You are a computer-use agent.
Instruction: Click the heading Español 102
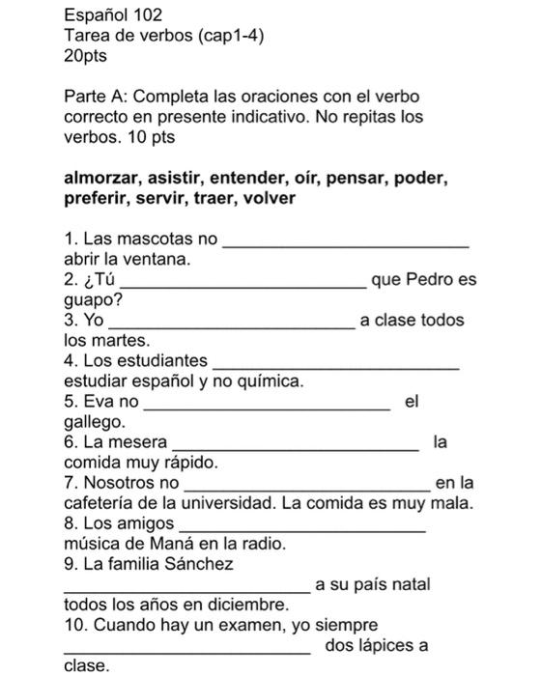coord(113,15)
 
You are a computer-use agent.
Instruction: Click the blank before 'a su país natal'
coord(186,590)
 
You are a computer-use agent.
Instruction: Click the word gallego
coord(94,422)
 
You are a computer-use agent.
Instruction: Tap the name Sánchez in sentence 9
coord(198,563)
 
